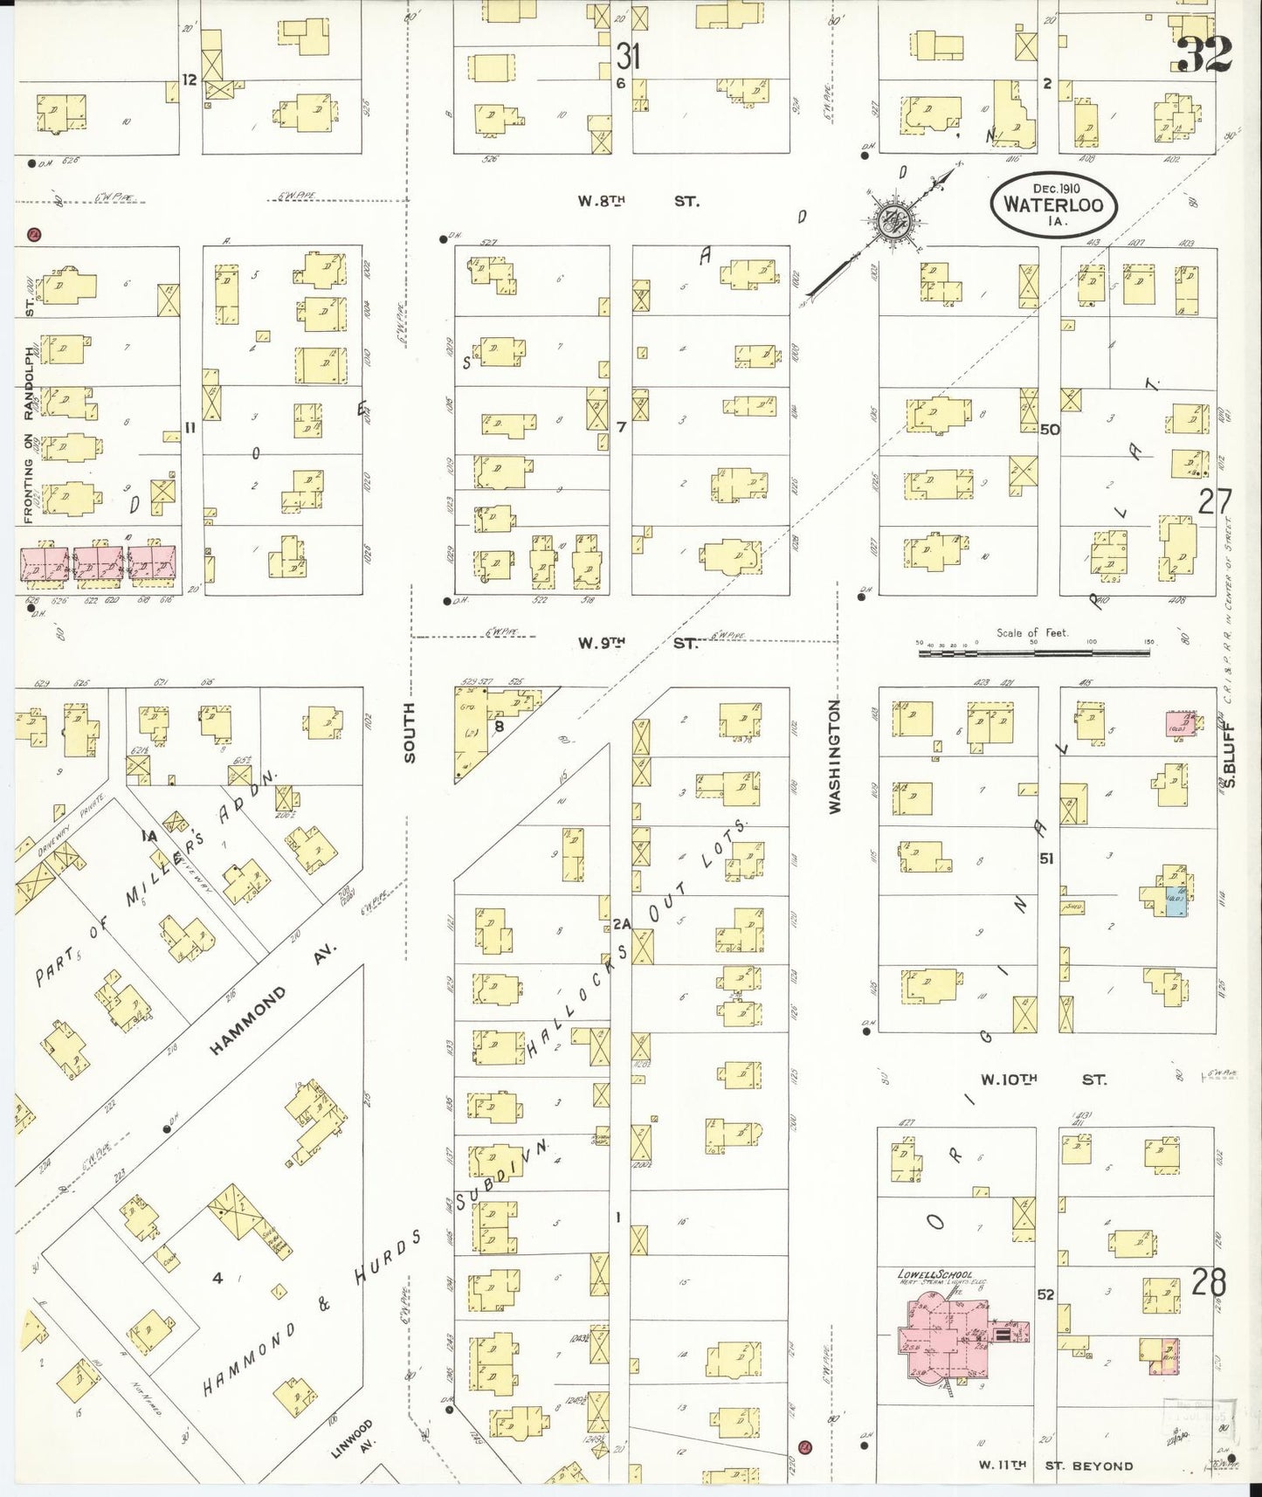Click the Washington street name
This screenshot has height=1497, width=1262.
click(834, 756)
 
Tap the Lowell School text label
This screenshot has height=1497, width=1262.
click(931, 1274)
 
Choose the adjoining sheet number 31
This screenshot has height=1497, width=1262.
click(628, 57)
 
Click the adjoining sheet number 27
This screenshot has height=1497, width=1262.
click(1215, 502)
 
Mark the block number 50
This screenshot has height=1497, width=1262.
click(1049, 430)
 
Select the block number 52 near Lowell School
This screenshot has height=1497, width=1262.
click(1045, 1294)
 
